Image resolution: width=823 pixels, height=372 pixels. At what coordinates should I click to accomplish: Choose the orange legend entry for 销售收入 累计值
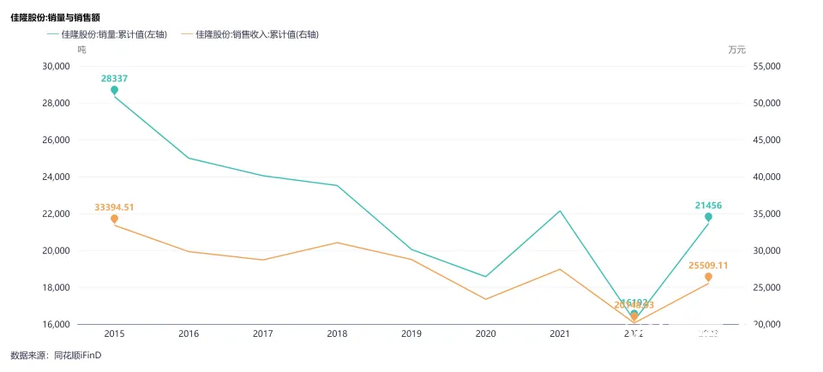tap(257, 34)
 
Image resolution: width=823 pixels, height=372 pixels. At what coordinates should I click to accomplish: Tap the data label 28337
tap(115, 78)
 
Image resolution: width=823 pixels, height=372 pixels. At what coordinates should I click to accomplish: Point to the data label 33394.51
tap(114, 207)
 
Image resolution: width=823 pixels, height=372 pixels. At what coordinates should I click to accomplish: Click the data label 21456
tap(708, 206)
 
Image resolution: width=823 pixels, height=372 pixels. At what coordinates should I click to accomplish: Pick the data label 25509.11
tap(708, 266)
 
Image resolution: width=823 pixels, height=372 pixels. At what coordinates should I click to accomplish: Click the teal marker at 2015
tap(114, 90)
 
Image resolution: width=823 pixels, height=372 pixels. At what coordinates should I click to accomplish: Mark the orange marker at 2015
tap(114, 219)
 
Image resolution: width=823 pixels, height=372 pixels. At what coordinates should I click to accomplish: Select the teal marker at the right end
tap(708, 217)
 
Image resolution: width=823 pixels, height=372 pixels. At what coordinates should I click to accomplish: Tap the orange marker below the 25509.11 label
tap(708, 277)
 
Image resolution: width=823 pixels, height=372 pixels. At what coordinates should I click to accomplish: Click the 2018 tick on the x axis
tap(337, 333)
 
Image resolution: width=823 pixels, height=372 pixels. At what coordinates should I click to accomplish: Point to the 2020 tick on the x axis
tap(485, 333)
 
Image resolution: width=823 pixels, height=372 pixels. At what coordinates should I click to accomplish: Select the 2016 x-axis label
tap(189, 333)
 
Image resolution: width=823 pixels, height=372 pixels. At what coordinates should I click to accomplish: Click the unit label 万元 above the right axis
tap(737, 50)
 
